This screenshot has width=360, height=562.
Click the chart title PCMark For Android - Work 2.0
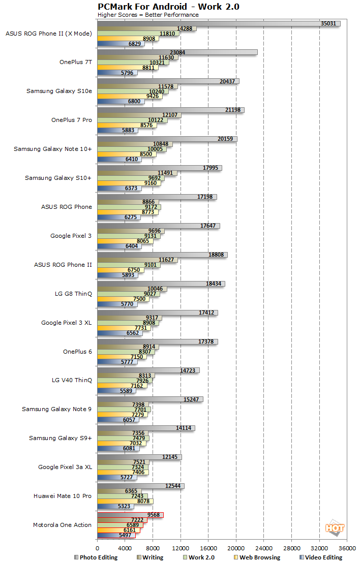pos(168,7)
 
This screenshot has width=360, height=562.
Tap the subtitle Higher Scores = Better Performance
pos(148,15)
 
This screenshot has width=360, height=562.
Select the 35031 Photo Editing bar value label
pos(328,23)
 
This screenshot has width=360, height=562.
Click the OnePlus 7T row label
pos(76,62)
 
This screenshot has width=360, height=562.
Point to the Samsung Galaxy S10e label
pos(59,91)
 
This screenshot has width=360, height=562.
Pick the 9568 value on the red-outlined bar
pos(154,514)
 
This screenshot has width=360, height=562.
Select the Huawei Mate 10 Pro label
pos(63,496)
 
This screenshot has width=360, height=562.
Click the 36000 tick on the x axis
pos(347,549)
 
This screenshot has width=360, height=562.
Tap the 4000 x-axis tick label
pos(125,549)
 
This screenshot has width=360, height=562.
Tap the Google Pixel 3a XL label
pos(65,467)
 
